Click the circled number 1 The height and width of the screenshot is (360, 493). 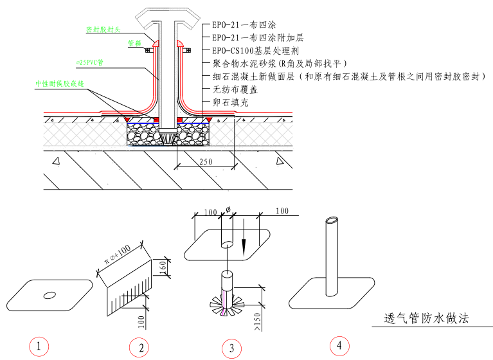[40, 346]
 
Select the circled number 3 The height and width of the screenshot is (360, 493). [231, 348]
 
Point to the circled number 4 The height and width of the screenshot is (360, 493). [339, 345]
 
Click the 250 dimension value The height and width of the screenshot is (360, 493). [205, 162]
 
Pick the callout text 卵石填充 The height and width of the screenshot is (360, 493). [229, 102]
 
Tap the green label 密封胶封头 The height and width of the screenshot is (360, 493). [103, 30]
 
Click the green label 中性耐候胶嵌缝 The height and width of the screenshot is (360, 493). [60, 84]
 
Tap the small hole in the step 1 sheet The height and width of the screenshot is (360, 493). [49, 295]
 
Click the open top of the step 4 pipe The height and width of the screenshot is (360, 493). [331, 221]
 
